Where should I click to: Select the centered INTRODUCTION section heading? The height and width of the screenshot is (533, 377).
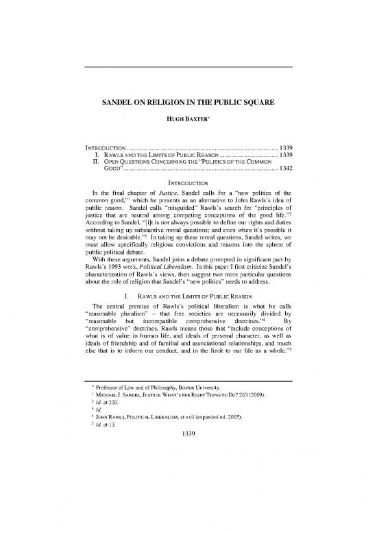[188, 182]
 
